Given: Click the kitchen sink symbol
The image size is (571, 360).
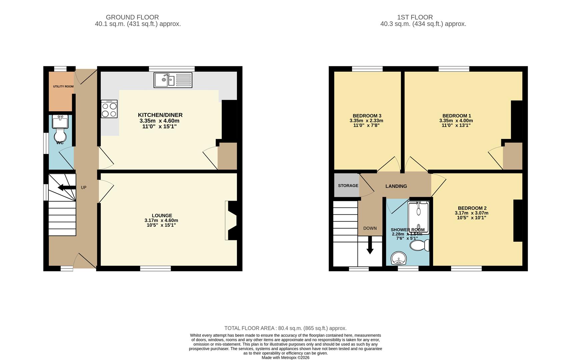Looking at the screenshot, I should point(173,80).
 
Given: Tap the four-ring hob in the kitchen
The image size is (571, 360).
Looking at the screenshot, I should point(109,109).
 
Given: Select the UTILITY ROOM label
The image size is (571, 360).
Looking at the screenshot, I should point(63,87).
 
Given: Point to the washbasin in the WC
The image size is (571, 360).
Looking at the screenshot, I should point(60,122).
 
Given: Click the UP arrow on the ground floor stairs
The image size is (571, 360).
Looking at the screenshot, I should point(67,188).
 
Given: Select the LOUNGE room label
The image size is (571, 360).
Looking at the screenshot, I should point(162,216).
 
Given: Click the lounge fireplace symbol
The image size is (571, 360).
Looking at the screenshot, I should point(231,220).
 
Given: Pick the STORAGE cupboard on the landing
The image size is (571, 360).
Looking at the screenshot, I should point(348,186).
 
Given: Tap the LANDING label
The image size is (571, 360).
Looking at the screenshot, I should point(396,186).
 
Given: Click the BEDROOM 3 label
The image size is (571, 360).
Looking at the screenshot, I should point(367,116).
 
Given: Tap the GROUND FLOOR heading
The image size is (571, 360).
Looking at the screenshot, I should point(132,17).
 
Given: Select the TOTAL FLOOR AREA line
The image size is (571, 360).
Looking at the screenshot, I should point(285,328).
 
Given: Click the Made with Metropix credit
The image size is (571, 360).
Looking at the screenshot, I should point(285,357).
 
